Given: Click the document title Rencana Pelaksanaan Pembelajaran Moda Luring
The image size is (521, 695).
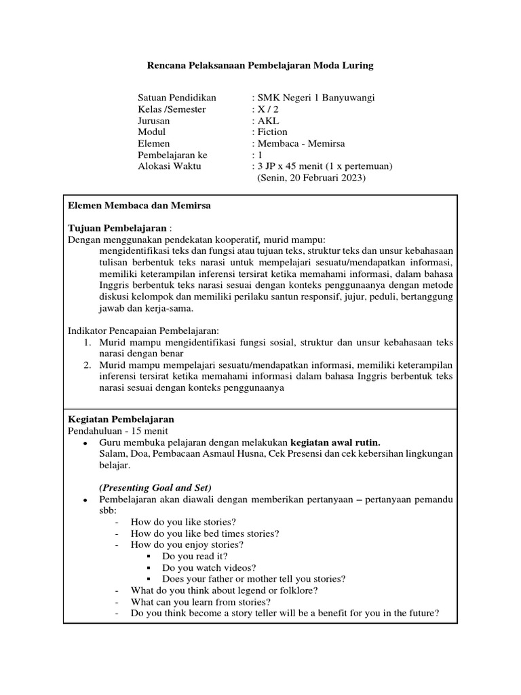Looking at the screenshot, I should pos(260,66).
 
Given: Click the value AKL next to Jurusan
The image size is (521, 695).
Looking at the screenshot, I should pos(263,121).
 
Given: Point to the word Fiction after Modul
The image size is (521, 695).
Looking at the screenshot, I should pos(271,132).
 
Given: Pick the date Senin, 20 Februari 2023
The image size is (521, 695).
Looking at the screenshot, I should pos(311,178).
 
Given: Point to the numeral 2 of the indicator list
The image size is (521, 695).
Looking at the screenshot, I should pos(88,365).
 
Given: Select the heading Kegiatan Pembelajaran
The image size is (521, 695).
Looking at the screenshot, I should pos(121,419).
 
